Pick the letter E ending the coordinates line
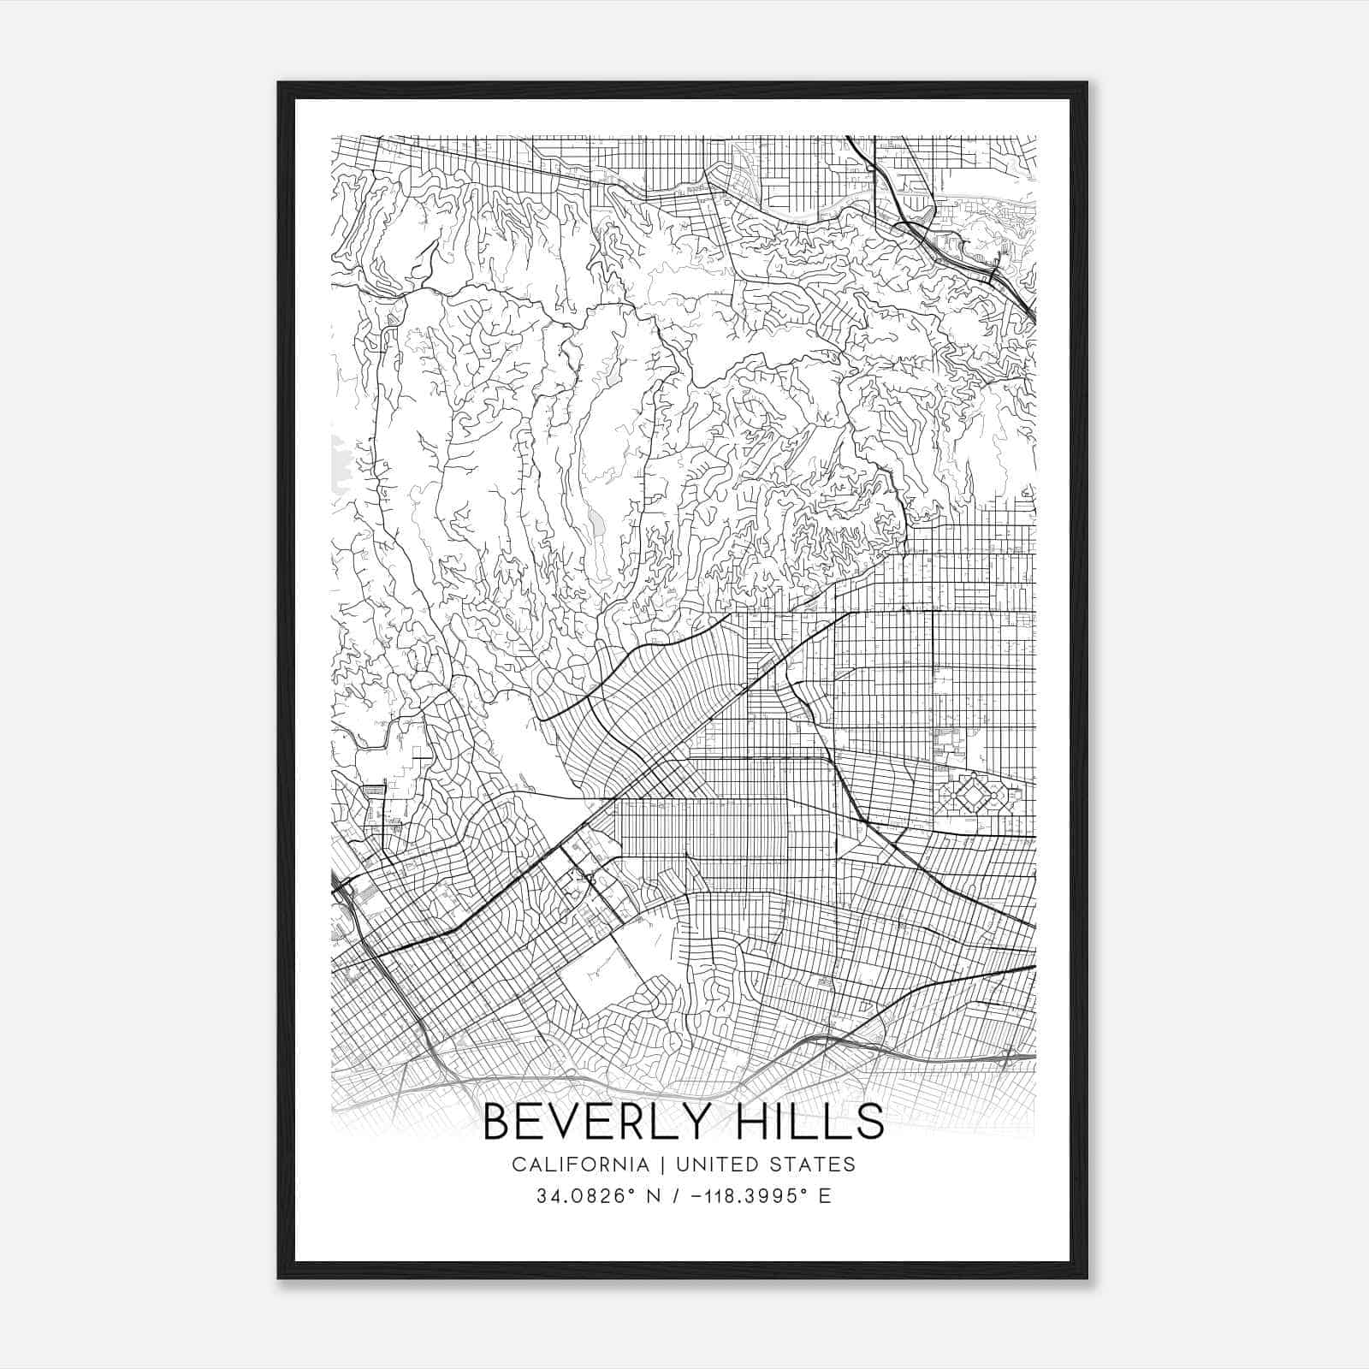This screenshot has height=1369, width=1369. click(x=825, y=1196)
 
